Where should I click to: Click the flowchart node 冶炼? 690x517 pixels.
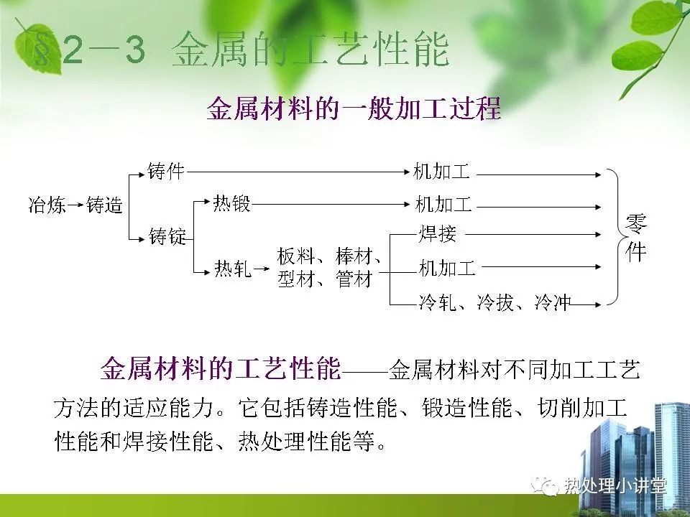coord(47,205)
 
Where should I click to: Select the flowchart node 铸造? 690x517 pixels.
coord(103,205)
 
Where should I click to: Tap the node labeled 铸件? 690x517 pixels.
coord(166,171)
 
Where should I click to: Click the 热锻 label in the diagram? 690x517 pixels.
coord(231,203)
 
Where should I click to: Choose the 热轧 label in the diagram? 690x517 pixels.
coord(233,268)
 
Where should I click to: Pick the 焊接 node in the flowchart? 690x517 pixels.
coord(437,233)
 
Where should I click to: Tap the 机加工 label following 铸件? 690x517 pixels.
coord(441,172)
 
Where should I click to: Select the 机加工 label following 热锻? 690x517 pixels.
coord(443,205)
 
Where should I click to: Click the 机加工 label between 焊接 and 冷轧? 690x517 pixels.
coord(447,268)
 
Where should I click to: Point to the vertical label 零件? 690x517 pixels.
coord(636,238)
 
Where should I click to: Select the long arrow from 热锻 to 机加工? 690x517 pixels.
coord(331,204)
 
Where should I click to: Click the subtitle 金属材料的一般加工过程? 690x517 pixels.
coord(354,108)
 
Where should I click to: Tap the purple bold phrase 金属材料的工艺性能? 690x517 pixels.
coord(221,368)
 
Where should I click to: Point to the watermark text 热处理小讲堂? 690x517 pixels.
coord(615,486)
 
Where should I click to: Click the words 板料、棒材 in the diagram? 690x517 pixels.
coord(328,256)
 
